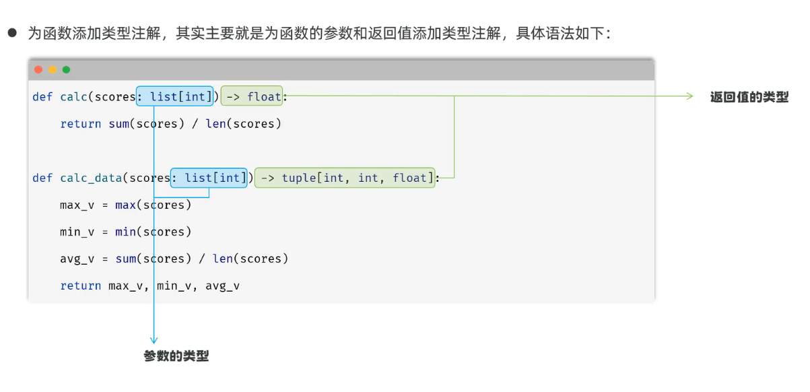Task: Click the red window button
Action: [x=38, y=69]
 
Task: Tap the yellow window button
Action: [x=53, y=69]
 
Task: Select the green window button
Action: [x=66, y=69]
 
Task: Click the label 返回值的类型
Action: [x=749, y=97]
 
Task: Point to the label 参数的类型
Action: [x=176, y=356]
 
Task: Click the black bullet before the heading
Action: [x=12, y=33]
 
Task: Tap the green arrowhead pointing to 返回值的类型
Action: [x=690, y=96]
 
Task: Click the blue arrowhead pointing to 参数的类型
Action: [x=154, y=340]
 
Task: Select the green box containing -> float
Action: [x=252, y=96]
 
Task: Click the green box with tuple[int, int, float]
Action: [x=345, y=178]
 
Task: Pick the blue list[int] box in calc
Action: [x=174, y=96]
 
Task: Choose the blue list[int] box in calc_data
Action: [x=209, y=178]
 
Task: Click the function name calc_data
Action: [x=91, y=178]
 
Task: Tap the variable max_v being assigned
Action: [x=77, y=205]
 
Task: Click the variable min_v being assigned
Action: [x=77, y=232]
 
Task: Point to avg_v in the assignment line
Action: [x=77, y=259]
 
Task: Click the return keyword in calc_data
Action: [x=81, y=286]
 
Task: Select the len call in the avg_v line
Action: [x=222, y=259]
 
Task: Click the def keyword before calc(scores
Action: [x=42, y=96]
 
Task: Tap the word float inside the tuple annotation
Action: [x=409, y=178]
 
